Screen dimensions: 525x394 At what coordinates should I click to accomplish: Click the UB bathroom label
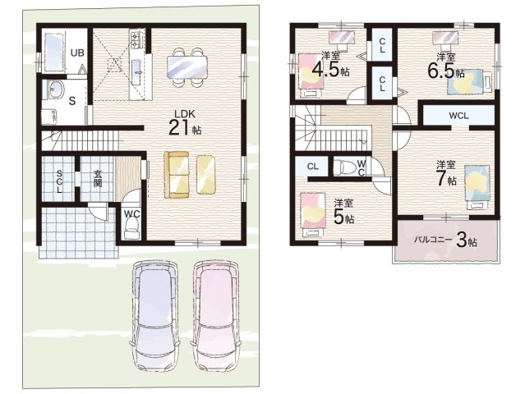pos(77,53)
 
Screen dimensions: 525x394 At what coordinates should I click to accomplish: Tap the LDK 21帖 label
pos(185,123)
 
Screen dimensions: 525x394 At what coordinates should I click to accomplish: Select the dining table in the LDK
pos(187,66)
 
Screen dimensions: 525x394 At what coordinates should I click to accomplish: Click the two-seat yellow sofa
pos(177,175)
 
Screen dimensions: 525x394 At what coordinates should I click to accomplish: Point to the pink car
pos(215,314)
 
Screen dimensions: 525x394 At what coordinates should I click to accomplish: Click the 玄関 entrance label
pos(98,179)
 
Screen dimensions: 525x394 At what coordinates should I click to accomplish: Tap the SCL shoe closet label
pos(59,181)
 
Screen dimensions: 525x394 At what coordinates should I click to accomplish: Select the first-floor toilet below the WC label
pos(132,230)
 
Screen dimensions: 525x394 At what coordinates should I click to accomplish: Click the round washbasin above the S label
pos(55,89)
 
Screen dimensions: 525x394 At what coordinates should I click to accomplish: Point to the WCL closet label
pos(458,116)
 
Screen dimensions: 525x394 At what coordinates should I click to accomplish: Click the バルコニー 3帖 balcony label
pos(445,241)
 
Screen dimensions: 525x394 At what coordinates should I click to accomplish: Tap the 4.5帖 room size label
pos(330,70)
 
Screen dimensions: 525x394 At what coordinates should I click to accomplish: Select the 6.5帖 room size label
pos(445,71)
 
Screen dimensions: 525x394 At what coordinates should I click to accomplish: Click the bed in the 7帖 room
pos(477,187)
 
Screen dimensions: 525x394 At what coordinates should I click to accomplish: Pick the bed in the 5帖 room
pos(313,215)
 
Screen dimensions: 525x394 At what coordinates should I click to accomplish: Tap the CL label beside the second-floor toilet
pos(313,167)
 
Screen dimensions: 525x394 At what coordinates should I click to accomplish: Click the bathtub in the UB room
pos(53,53)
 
